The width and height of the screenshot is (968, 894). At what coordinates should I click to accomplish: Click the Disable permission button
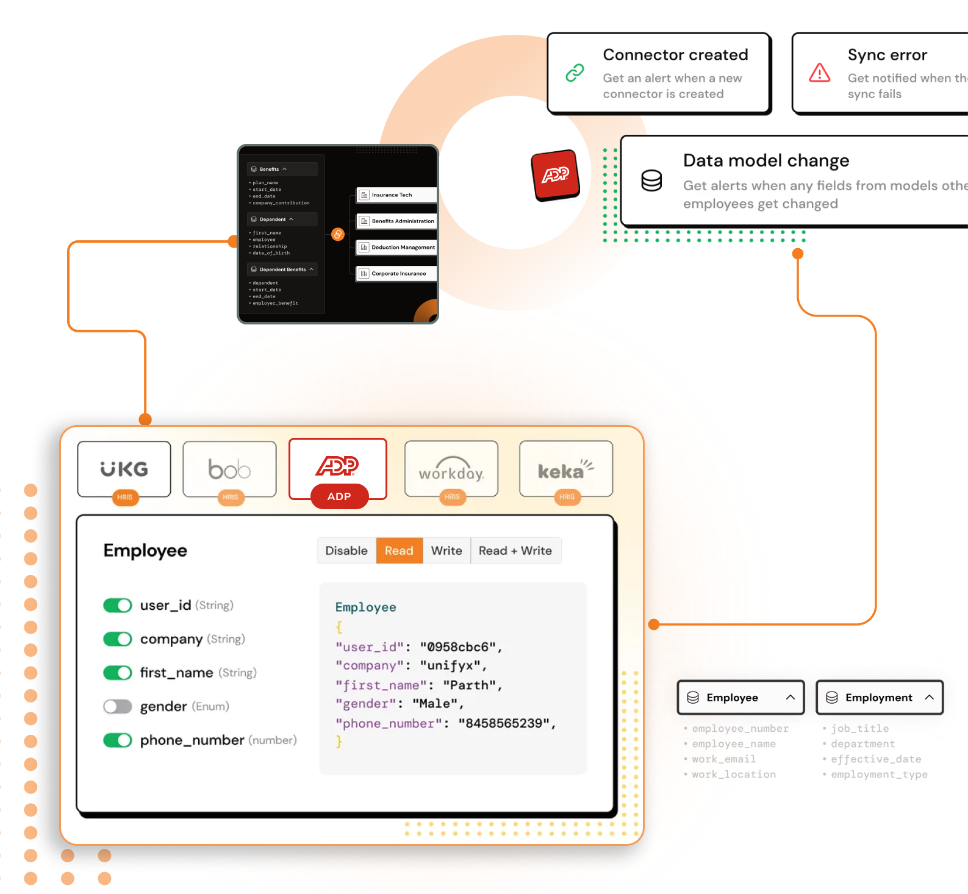tap(346, 551)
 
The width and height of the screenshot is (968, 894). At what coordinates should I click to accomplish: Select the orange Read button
tap(399, 551)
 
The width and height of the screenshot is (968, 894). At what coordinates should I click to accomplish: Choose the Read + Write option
tap(515, 551)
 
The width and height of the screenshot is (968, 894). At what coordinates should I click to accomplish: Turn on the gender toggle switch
tap(118, 706)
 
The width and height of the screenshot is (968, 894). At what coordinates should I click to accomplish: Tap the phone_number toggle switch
tap(118, 740)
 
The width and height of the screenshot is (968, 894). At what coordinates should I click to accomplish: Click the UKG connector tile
tap(124, 468)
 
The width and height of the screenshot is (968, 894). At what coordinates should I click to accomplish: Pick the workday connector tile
tap(451, 468)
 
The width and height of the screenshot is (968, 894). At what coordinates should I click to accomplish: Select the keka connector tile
tap(565, 468)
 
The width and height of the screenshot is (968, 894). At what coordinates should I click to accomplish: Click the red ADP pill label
tap(339, 496)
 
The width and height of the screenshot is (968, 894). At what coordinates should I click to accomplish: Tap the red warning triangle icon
tap(819, 73)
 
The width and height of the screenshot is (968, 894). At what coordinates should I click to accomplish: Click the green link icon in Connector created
tap(575, 73)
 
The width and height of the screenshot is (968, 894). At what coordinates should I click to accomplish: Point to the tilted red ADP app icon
tap(556, 175)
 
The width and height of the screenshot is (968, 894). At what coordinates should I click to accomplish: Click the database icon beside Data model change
tap(651, 181)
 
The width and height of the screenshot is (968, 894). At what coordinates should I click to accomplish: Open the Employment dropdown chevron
tap(929, 697)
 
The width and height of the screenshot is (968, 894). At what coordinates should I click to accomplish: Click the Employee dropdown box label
tap(732, 697)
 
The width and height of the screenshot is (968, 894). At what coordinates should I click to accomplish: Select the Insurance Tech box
tap(396, 195)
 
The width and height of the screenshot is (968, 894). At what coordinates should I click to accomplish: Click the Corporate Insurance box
tap(396, 274)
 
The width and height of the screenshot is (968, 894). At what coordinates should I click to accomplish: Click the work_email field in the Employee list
tap(723, 759)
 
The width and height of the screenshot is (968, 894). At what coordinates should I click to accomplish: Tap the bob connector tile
tap(229, 468)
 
